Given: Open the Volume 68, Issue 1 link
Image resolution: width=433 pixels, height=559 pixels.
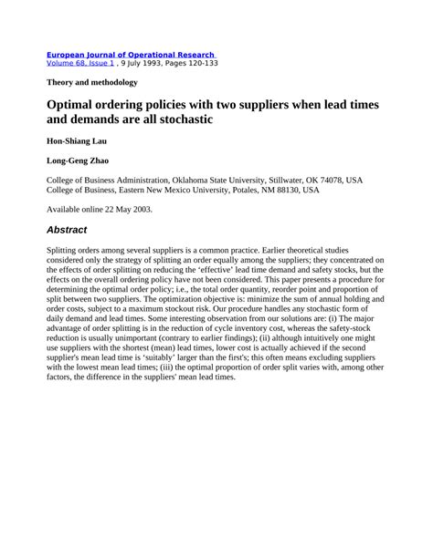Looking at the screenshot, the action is pyautogui.click(x=81, y=65).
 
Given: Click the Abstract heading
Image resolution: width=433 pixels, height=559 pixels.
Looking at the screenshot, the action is pyautogui.click(x=73, y=230).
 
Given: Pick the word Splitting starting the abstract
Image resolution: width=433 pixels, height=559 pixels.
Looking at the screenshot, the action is pyautogui.click(x=64, y=250).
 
